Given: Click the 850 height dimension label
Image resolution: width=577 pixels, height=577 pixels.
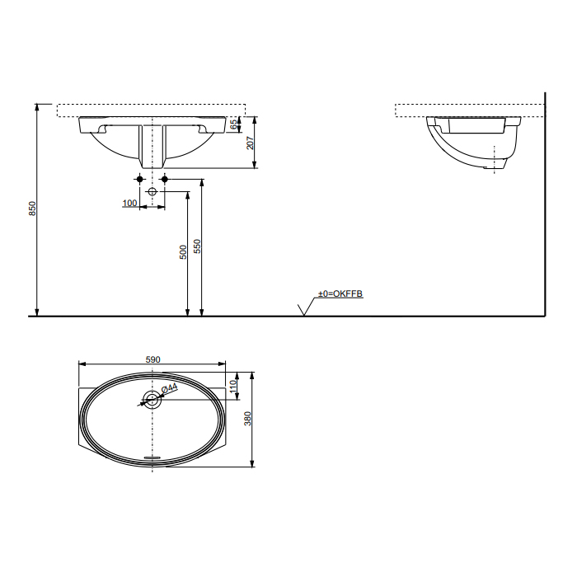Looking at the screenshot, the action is click(x=33, y=209).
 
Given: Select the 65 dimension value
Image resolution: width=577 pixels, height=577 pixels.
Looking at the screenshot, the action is click(x=234, y=124).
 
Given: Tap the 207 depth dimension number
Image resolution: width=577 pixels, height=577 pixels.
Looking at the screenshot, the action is click(x=250, y=143).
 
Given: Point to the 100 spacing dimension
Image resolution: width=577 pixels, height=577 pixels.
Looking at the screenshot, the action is click(x=129, y=203).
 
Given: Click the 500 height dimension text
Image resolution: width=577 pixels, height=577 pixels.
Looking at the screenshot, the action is click(x=183, y=252).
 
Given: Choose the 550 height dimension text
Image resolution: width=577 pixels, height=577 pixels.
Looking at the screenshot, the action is click(x=197, y=246).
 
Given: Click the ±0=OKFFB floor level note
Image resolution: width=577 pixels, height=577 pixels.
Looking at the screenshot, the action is click(x=340, y=293).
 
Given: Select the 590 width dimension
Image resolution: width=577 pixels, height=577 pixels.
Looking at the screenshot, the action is click(x=153, y=359).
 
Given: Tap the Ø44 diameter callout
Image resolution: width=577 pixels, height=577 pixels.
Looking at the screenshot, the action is click(x=169, y=388).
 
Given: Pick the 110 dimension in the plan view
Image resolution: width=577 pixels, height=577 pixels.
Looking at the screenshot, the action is click(x=233, y=387).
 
